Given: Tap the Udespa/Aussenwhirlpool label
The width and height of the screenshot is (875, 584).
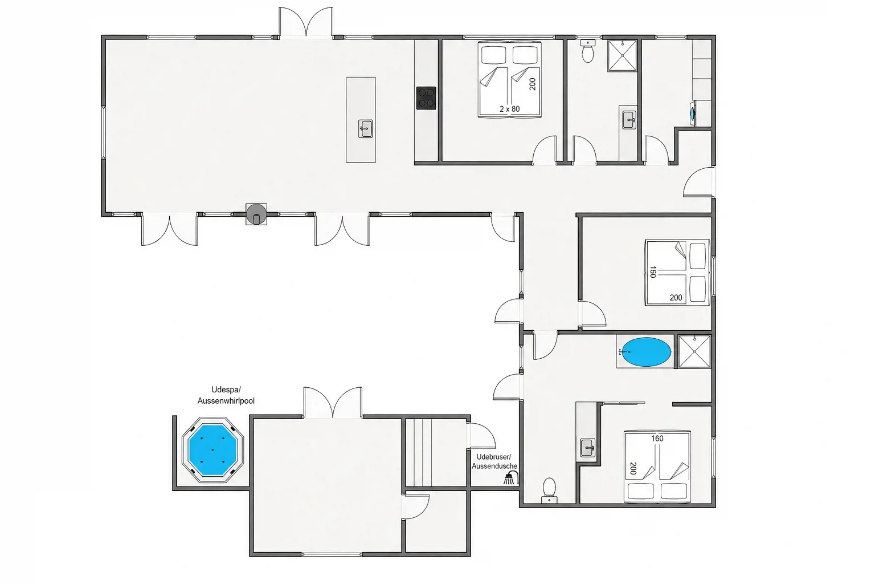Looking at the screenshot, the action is tap(226, 395).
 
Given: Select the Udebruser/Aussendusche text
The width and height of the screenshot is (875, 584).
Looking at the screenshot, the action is tap(494, 461).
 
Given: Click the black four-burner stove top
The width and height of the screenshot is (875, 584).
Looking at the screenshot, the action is tap(426, 98).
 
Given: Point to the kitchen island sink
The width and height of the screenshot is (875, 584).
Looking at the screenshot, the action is tap(366, 129).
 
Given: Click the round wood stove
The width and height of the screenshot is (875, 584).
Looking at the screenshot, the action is tap(256, 214).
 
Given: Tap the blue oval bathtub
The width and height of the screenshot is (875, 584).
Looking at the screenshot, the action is tap(647, 352).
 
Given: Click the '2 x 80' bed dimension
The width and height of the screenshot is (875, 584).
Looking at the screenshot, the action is tap(510, 109).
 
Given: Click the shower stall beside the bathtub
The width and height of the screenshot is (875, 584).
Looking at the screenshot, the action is tap(694, 351).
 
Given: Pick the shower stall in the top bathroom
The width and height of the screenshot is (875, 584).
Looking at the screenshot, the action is tap(622, 55).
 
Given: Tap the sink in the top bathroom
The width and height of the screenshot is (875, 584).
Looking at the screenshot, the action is tap(629, 120).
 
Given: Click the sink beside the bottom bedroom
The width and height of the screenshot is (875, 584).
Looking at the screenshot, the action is tap(587, 448).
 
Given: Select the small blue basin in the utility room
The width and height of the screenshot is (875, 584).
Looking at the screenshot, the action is tap(693, 113).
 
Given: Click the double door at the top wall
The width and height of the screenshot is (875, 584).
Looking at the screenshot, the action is tap(306, 22).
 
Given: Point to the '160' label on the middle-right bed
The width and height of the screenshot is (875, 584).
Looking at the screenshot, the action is tap(652, 272).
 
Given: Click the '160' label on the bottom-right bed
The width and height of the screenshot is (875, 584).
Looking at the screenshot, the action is tap(657, 439).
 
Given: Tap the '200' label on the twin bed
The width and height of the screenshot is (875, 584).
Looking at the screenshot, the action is tap(533, 84).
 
